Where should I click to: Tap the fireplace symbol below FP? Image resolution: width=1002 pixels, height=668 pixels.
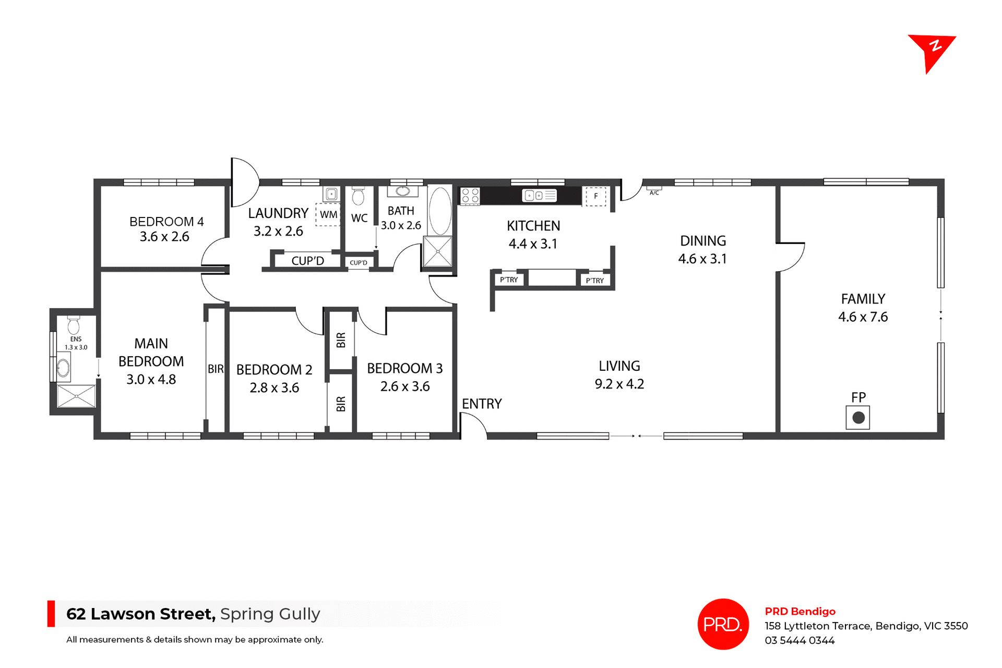click(x=858, y=418)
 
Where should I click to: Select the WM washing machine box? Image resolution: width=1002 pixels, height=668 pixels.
click(x=328, y=214)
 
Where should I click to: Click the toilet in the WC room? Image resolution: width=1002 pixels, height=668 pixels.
click(x=358, y=197)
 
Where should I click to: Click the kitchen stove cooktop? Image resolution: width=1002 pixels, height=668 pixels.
click(x=470, y=196)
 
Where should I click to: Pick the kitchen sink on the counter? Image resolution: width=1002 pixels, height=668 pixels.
click(x=539, y=196)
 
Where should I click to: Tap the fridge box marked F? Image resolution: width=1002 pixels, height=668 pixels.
click(x=595, y=197)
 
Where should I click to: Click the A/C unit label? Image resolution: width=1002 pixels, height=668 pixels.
click(x=654, y=192)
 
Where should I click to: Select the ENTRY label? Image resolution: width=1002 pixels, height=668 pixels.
click(x=482, y=404)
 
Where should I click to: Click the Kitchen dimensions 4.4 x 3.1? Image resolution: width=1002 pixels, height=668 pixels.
click(x=533, y=244)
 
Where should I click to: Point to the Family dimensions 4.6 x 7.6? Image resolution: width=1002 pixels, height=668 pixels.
click(x=863, y=317)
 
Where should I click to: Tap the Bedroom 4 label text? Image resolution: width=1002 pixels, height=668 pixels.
click(x=166, y=222)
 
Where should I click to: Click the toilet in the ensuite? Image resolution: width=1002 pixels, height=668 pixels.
click(x=74, y=325)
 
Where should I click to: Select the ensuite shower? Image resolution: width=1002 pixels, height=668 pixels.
click(x=76, y=396)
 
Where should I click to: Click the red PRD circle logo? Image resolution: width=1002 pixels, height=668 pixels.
click(x=723, y=624)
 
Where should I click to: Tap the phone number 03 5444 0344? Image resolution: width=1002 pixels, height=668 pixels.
click(x=800, y=641)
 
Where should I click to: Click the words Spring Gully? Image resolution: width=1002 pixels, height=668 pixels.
click(x=270, y=614)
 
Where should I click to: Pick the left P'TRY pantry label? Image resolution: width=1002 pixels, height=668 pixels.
click(x=509, y=280)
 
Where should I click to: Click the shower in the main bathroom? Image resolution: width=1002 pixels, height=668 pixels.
click(x=437, y=251)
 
